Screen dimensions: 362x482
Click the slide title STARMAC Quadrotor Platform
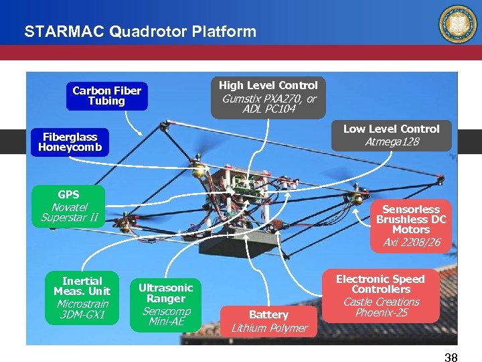coord(140,32)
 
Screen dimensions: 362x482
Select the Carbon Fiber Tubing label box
coord(107,96)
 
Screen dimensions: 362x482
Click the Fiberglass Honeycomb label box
coord(70,142)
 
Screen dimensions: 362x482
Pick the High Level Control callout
coord(268,97)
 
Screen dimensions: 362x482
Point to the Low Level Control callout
coord(391,135)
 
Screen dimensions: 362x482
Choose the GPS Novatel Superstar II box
coord(68,206)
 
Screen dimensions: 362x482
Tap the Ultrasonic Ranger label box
coord(165,304)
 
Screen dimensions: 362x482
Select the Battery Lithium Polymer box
coord(269,321)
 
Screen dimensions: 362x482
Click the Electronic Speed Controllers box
coord(380,296)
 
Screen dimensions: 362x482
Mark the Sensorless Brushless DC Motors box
coord(411,225)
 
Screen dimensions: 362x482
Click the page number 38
coord(451,357)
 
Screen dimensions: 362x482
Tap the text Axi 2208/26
coord(411,242)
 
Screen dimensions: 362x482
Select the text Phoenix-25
coord(381,313)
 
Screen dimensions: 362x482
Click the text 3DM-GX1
coord(82,315)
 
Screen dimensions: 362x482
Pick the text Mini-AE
coord(165,322)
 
